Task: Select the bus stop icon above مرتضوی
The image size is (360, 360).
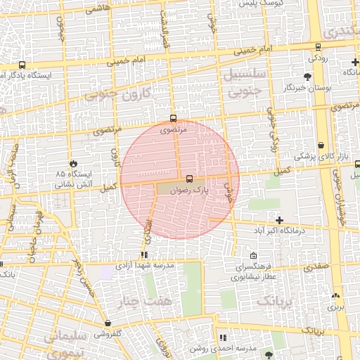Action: tap(174, 118)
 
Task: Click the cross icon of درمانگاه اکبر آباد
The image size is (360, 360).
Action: tap(279, 220)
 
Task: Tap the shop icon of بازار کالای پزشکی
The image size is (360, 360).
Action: tap(321, 146)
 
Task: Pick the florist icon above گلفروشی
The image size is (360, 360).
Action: tap(108, 323)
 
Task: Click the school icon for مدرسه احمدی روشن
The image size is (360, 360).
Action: tap(224, 337)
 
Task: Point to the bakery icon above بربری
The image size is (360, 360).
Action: tap(335, 295)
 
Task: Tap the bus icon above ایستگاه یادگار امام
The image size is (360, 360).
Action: tap(22, 64)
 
